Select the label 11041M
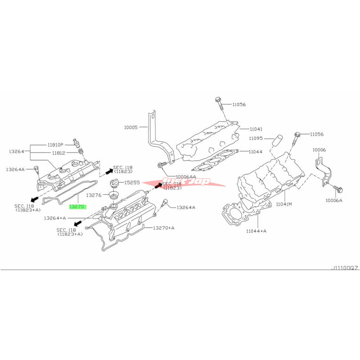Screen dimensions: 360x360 tap(284, 204)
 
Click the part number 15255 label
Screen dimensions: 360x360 tap(133, 182)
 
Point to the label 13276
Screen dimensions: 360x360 tap(94, 195)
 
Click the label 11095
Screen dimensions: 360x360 tap(255, 138)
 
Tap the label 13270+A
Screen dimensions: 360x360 tap(164, 228)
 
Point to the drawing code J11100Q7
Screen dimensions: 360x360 tap(344, 267)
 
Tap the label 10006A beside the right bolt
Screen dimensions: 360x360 tap(333, 200)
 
